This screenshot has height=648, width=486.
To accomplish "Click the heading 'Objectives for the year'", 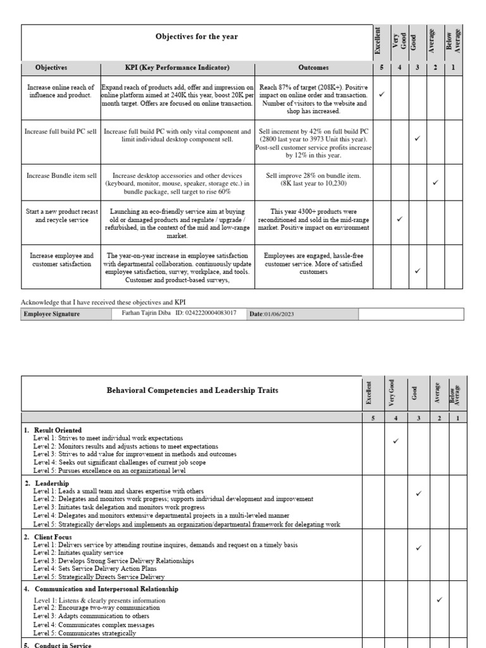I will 196,37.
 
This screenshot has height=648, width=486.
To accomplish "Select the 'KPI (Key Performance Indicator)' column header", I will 177,67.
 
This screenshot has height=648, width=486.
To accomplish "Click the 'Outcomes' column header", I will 314,67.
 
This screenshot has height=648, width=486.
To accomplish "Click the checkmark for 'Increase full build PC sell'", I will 417,138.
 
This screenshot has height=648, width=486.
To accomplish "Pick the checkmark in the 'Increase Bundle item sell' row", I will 435,182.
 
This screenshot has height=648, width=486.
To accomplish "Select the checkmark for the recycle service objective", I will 399,219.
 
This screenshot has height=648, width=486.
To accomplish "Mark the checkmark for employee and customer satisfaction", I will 417,271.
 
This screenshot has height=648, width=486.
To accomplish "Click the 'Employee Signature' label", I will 52,314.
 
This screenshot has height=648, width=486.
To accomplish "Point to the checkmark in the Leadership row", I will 418,493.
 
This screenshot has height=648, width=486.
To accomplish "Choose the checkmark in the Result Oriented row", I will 396,441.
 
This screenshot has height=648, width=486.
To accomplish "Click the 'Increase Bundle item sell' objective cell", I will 61,175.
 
